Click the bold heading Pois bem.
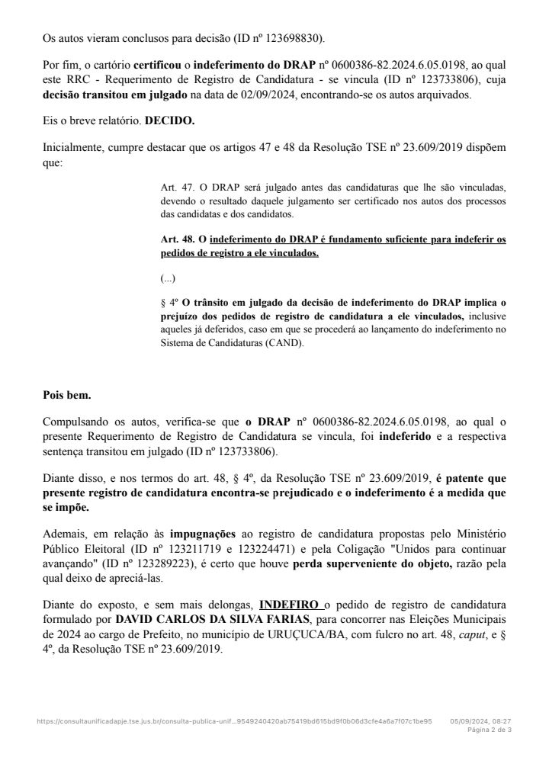(67, 395)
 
